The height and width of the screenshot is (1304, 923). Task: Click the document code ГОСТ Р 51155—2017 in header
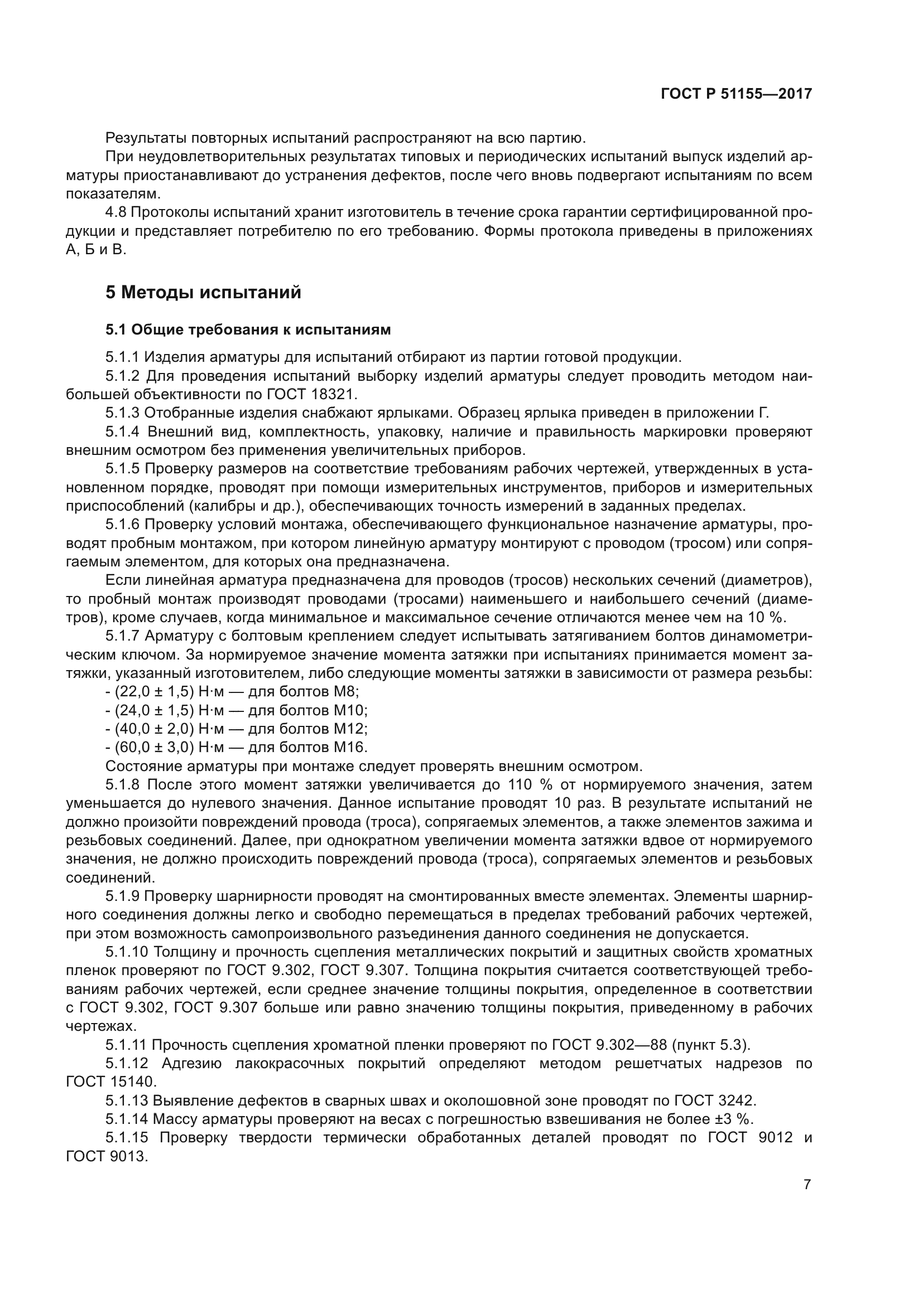[736, 94]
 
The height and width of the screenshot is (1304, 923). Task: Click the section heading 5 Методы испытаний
[203, 293]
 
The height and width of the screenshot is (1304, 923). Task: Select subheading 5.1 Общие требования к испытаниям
[248, 329]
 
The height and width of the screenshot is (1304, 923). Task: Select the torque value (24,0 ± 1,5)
[150, 710]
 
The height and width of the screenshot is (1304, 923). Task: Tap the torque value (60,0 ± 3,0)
[150, 747]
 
